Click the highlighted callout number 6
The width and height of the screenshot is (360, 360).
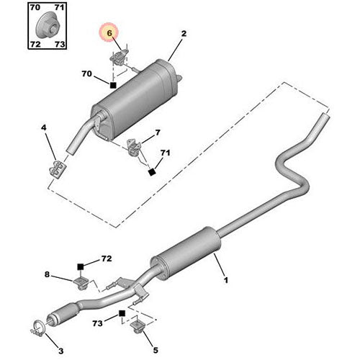(109, 33)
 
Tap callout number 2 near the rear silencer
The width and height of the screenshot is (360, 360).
(184, 33)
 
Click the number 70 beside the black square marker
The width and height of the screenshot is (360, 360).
(87, 73)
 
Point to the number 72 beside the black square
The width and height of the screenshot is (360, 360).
(106, 258)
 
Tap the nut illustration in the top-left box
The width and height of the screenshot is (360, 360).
(48, 27)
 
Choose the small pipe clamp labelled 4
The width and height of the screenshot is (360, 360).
(55, 168)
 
